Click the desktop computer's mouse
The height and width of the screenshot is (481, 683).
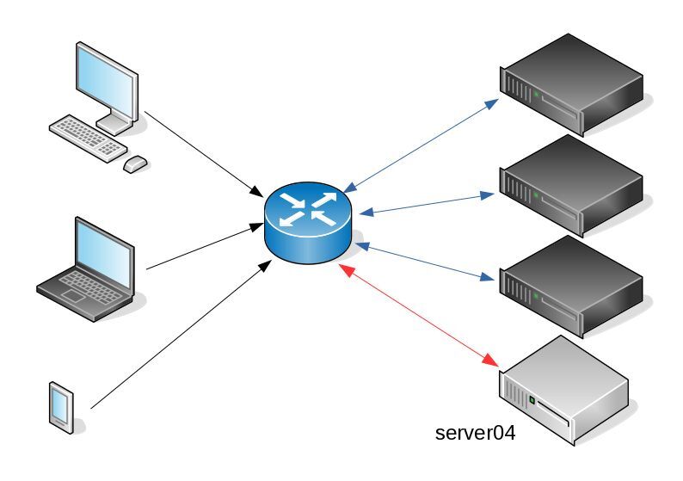pos(135,163)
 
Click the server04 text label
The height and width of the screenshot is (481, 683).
pos(476,433)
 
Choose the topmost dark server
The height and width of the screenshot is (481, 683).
pos(571,83)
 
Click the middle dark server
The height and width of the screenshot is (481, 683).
pos(571,184)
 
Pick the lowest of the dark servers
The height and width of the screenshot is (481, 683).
pos(571,286)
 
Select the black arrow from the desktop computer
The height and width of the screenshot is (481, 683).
pos(203,152)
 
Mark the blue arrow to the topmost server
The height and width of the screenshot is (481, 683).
pos(421,145)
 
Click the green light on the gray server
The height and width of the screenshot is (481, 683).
pos(532,400)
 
